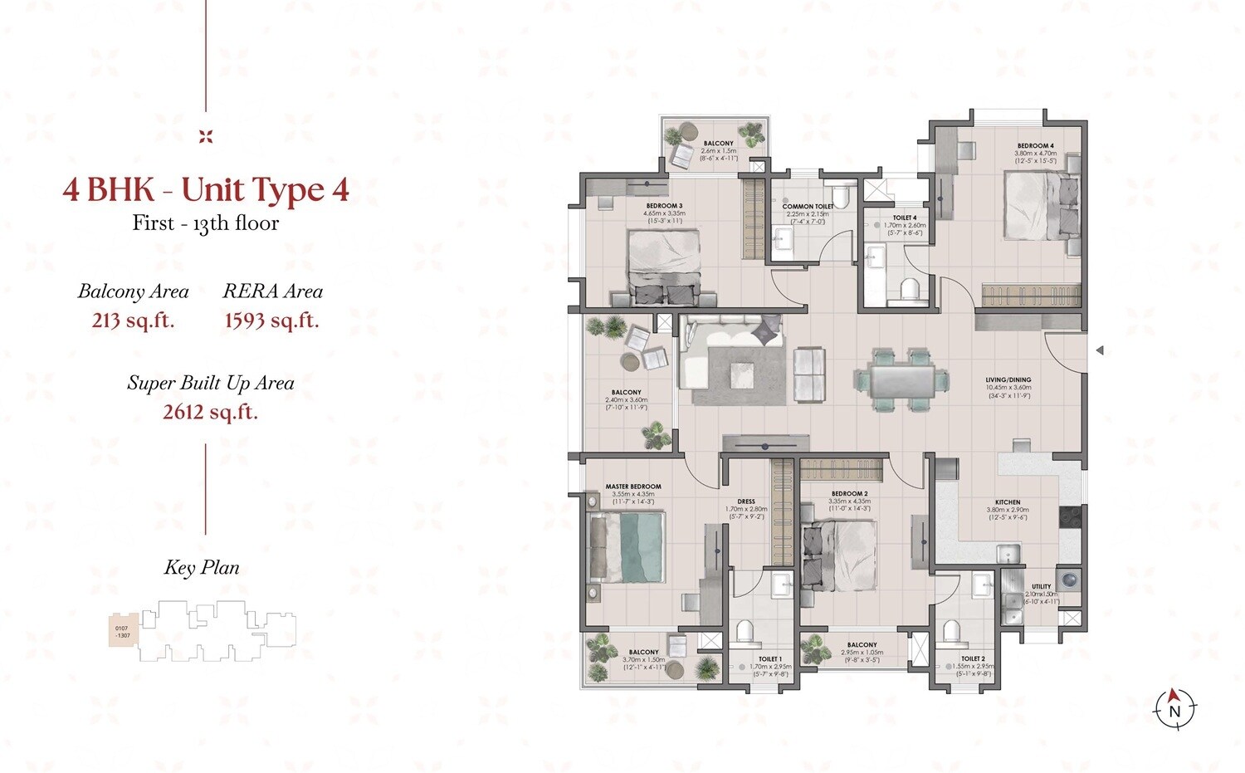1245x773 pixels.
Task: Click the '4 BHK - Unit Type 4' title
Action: coord(206,190)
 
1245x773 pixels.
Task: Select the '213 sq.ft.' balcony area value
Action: coord(133,320)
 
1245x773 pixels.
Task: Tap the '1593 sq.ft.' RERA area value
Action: coord(271,320)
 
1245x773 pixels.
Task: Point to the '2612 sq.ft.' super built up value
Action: coord(210,412)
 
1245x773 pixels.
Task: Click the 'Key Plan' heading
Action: coord(202,568)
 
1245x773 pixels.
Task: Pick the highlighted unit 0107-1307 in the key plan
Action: coord(122,632)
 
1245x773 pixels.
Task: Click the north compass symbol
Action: coord(1174,708)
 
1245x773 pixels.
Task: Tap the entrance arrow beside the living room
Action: coord(1100,350)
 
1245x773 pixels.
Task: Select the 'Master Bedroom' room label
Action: coord(633,487)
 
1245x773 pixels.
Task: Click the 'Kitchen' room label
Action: coord(1008,502)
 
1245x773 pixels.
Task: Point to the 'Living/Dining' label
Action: coord(1008,380)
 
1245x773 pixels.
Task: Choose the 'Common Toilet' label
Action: coord(808,207)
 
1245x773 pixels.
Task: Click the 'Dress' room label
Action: coord(746,501)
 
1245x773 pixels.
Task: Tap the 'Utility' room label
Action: coord(1041,586)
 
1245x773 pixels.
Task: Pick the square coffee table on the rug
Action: coord(743,374)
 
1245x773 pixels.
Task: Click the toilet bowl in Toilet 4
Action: coord(910,289)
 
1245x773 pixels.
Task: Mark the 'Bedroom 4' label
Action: coord(1035,146)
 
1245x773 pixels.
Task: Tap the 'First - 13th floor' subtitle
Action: coord(206,223)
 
